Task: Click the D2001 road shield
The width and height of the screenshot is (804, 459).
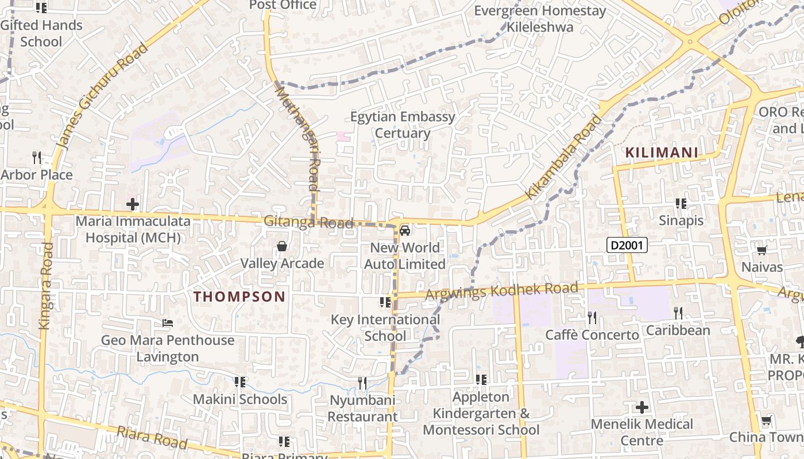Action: (x=627, y=246)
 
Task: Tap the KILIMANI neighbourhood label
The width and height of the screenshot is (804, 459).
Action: (x=662, y=153)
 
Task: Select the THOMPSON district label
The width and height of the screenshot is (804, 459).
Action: (x=239, y=297)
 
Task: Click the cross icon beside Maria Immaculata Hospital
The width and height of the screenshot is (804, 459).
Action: (x=133, y=204)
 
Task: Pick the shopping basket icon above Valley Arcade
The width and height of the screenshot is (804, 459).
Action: (x=282, y=246)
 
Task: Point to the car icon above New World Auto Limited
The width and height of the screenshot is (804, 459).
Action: (x=405, y=231)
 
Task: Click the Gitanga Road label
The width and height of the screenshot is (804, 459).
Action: (x=308, y=222)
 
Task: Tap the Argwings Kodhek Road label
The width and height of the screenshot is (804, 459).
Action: (x=501, y=291)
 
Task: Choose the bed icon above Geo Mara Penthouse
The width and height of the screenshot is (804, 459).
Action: (x=168, y=323)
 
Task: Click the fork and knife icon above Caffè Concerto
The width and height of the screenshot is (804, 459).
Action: (x=592, y=317)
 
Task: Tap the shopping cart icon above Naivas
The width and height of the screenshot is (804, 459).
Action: (x=762, y=250)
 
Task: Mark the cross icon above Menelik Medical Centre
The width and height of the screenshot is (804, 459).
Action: (x=642, y=407)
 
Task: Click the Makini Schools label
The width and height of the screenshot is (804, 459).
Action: (x=240, y=399)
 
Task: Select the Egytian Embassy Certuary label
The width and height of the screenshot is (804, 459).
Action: (x=403, y=125)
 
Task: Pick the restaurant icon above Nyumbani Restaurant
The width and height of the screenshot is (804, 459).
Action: (x=362, y=383)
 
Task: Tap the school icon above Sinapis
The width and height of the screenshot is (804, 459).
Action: (x=681, y=204)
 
